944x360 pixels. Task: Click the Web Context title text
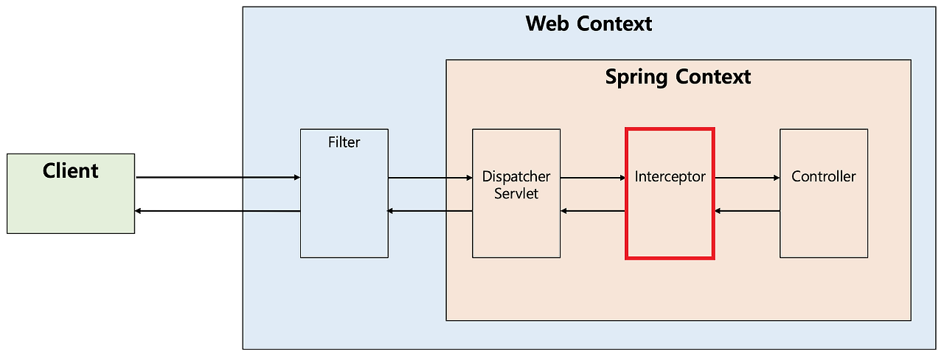[x=589, y=24]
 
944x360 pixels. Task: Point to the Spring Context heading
[x=678, y=77]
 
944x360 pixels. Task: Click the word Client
[x=71, y=171]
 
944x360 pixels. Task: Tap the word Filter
[x=344, y=142]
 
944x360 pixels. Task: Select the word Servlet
[x=516, y=194]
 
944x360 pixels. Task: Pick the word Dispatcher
[x=516, y=177]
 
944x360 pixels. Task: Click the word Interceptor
[x=670, y=177]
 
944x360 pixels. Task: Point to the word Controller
[x=824, y=177]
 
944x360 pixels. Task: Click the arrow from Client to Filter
[x=218, y=178]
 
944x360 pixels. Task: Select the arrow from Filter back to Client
[x=218, y=212]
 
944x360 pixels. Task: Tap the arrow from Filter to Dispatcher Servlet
[x=430, y=178]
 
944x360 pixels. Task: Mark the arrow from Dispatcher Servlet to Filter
[x=430, y=212]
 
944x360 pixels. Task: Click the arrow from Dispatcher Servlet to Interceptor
[x=593, y=178]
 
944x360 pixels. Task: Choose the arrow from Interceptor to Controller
[x=747, y=178]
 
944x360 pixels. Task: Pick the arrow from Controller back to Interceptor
[x=747, y=212]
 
